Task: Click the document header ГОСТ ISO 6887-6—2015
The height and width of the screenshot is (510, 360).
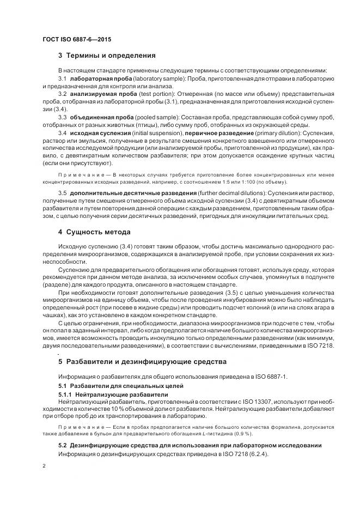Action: (77, 40)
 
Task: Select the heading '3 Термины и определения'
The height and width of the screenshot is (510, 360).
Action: (107, 56)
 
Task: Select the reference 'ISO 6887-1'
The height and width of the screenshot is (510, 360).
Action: (276, 377)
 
